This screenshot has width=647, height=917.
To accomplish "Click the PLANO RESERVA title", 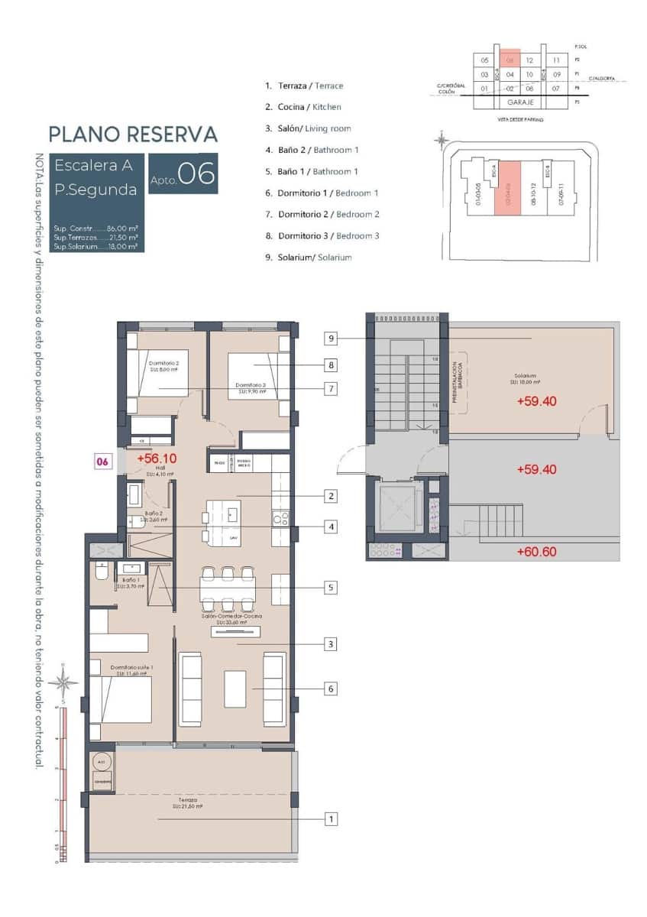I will [133, 134].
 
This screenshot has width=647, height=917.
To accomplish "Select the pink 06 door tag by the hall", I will [102, 461].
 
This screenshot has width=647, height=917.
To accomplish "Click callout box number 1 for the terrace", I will [331, 819].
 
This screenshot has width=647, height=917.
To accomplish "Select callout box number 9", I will [331, 338].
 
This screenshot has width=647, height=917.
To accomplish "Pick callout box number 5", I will [331, 588].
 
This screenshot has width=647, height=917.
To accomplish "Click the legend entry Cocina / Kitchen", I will [303, 107].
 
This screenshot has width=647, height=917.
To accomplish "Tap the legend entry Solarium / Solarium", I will [309, 258].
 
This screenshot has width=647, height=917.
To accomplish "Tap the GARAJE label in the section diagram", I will [519, 102].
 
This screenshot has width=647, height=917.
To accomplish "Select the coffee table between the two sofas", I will [235, 689].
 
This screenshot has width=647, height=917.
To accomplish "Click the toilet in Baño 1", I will [101, 572].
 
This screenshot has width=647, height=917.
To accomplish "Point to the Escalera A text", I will [94, 165].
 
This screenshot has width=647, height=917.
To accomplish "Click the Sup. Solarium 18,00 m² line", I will [95, 247].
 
